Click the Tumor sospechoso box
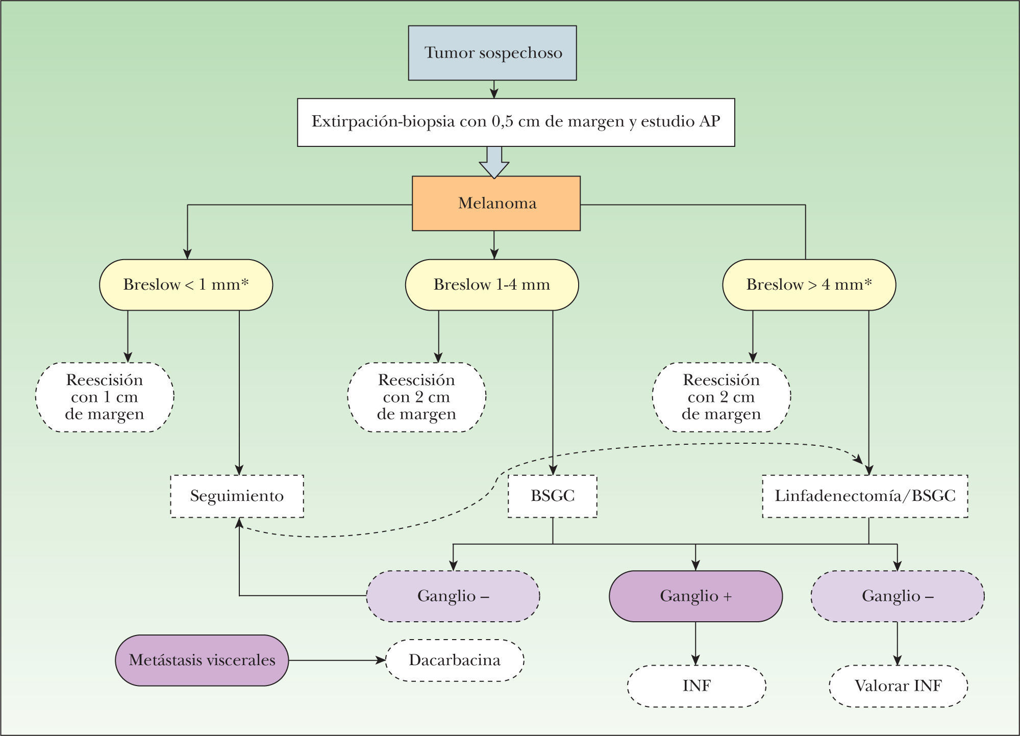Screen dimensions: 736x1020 pos(492,53)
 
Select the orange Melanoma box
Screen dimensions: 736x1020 pos(496,204)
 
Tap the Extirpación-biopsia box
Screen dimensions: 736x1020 pos(516,122)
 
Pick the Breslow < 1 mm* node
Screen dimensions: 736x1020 pos(186,285)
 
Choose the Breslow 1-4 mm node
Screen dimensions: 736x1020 pos(492,285)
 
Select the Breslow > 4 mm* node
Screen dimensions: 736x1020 pos(809,285)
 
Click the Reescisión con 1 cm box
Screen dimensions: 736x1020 pos(105,397)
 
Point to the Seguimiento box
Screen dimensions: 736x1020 pos(237,496)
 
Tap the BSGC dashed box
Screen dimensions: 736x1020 pos(552,496)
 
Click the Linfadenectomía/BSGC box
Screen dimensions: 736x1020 pos(865,496)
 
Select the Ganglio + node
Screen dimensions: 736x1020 pos(695,596)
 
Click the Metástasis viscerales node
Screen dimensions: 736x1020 pos(202,661)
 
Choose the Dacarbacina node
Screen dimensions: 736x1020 pos(455,661)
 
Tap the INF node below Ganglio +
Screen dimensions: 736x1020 pos(696,686)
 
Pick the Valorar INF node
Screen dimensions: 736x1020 pos(898,686)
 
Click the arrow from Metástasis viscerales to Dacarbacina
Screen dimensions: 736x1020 pos(337,661)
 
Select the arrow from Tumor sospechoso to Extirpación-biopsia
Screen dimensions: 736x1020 pos(493,89)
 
